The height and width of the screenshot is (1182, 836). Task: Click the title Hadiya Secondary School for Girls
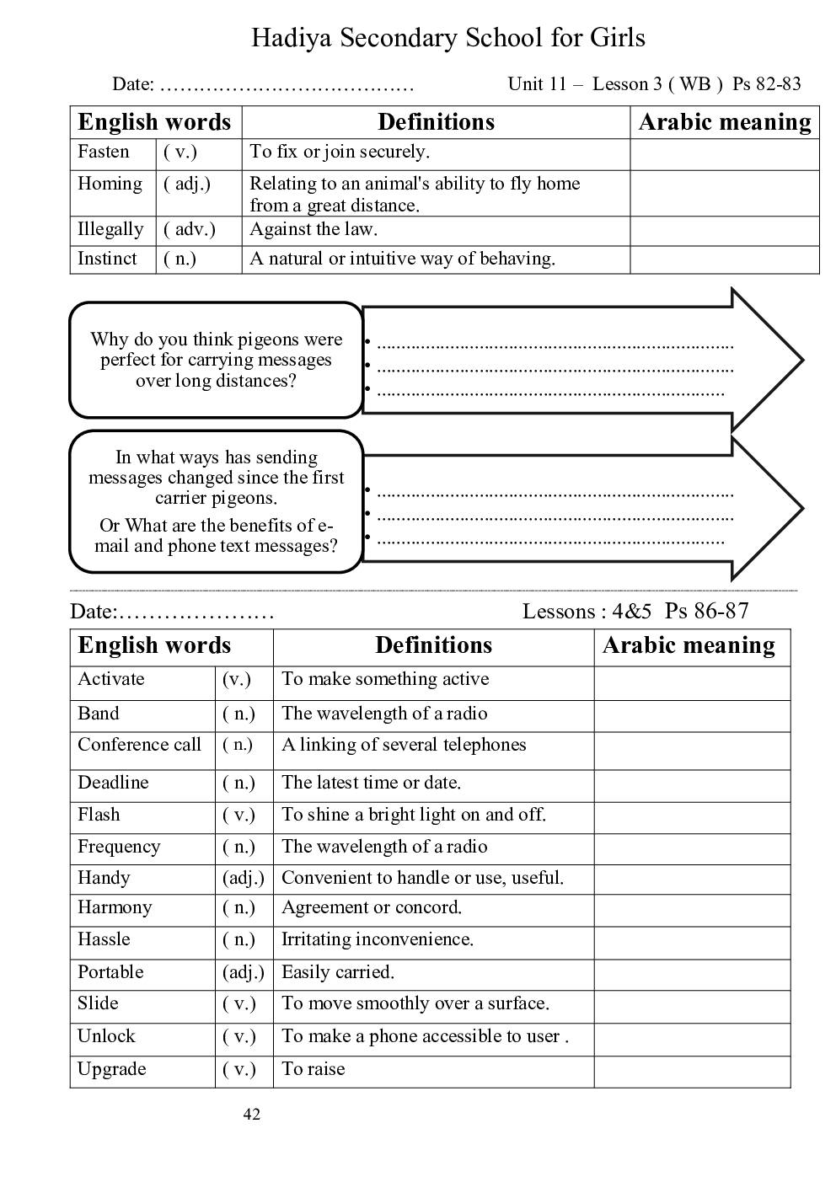tap(447, 38)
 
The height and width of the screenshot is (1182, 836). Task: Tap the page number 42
tap(251, 1115)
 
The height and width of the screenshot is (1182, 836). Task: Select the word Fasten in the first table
tap(104, 152)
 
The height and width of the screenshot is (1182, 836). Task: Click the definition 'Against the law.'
tap(313, 229)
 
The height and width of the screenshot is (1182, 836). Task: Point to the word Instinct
tap(107, 259)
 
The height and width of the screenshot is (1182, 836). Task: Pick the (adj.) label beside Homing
tap(187, 184)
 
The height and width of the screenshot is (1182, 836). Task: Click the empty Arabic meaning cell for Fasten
tap(724, 154)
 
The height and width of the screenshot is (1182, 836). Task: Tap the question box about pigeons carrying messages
tap(217, 360)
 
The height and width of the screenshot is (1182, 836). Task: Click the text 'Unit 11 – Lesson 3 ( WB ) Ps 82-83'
tap(654, 83)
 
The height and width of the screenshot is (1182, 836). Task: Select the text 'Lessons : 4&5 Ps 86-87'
tap(635, 611)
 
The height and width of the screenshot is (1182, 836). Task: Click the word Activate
tap(111, 679)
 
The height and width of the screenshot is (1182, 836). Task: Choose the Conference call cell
tap(140, 745)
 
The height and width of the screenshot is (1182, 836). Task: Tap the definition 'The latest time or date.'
tap(371, 783)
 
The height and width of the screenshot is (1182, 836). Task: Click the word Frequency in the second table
tap(119, 847)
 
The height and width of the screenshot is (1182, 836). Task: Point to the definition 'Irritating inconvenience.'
tap(377, 939)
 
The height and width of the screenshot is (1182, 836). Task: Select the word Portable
tap(110, 972)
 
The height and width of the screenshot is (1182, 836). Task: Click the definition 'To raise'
tap(313, 1069)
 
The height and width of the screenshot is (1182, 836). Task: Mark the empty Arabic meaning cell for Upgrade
tap(691, 1072)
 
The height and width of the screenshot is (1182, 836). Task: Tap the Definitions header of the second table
tap(433, 645)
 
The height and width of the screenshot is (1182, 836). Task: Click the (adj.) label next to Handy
tap(244, 878)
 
